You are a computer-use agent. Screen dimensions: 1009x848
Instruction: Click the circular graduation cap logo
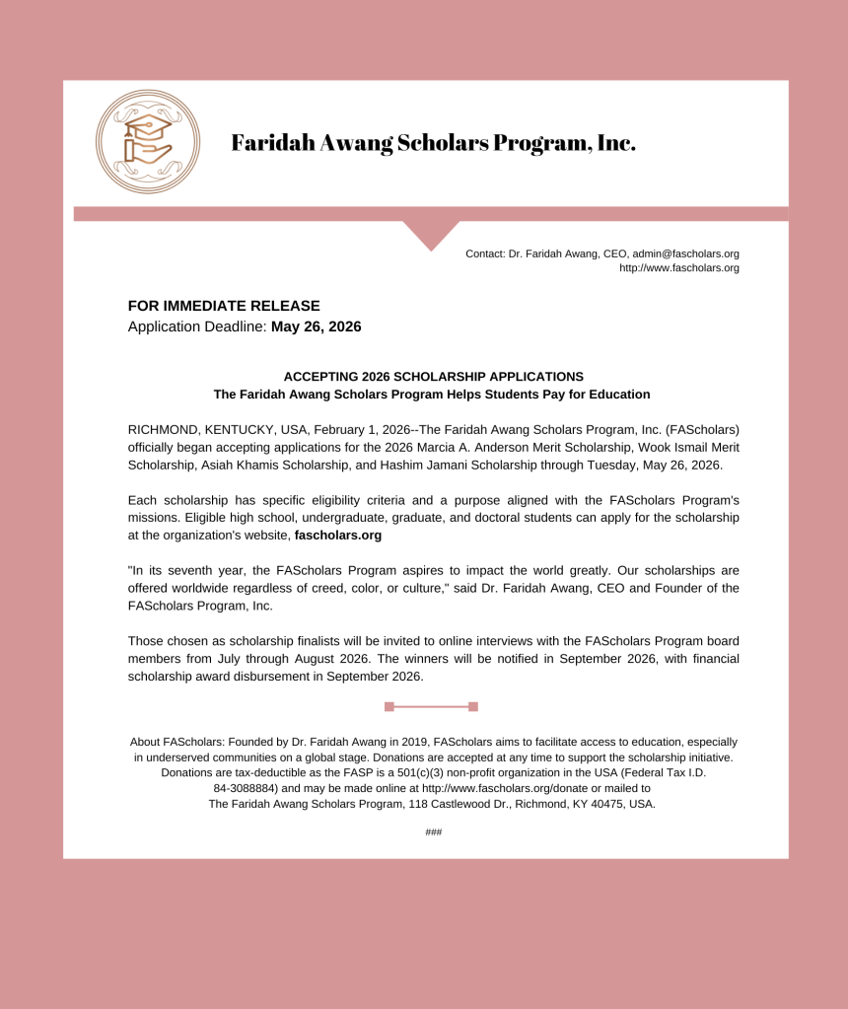147,141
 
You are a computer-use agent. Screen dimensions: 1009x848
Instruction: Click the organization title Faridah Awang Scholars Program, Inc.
433,143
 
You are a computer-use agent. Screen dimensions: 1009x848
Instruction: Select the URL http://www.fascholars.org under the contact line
678,267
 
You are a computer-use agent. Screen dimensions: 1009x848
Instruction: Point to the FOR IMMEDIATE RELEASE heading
224,307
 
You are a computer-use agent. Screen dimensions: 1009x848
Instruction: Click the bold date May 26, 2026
316,326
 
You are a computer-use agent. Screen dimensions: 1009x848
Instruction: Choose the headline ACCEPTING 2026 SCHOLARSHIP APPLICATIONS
433,377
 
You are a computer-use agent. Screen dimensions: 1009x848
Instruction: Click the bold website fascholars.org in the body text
338,536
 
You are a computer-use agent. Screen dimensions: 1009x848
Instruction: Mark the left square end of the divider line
389,706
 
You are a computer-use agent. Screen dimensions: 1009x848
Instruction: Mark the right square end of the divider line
473,706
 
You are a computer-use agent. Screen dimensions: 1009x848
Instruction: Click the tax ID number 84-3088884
245,789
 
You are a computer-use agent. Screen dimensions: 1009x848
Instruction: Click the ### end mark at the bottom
433,832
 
